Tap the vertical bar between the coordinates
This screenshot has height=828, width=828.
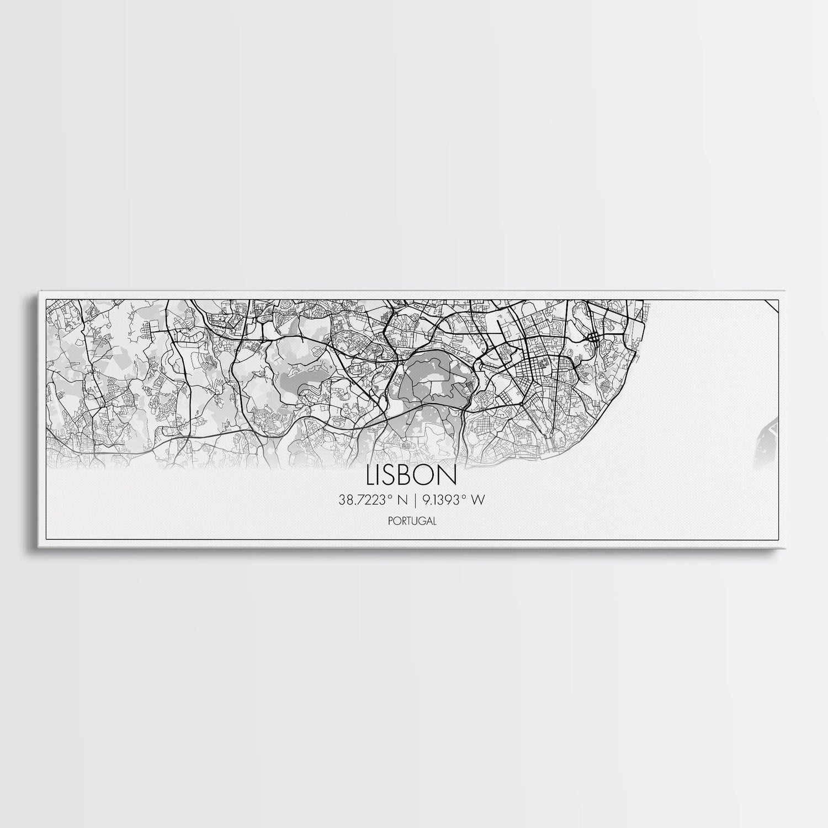coord(415,501)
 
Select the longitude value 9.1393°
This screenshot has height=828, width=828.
coord(443,500)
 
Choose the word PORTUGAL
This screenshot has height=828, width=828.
coord(412,520)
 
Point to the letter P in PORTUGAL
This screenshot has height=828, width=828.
coord(391,520)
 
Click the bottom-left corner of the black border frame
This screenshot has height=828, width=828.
coord(45,540)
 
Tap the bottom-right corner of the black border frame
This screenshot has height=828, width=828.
coord(778,540)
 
